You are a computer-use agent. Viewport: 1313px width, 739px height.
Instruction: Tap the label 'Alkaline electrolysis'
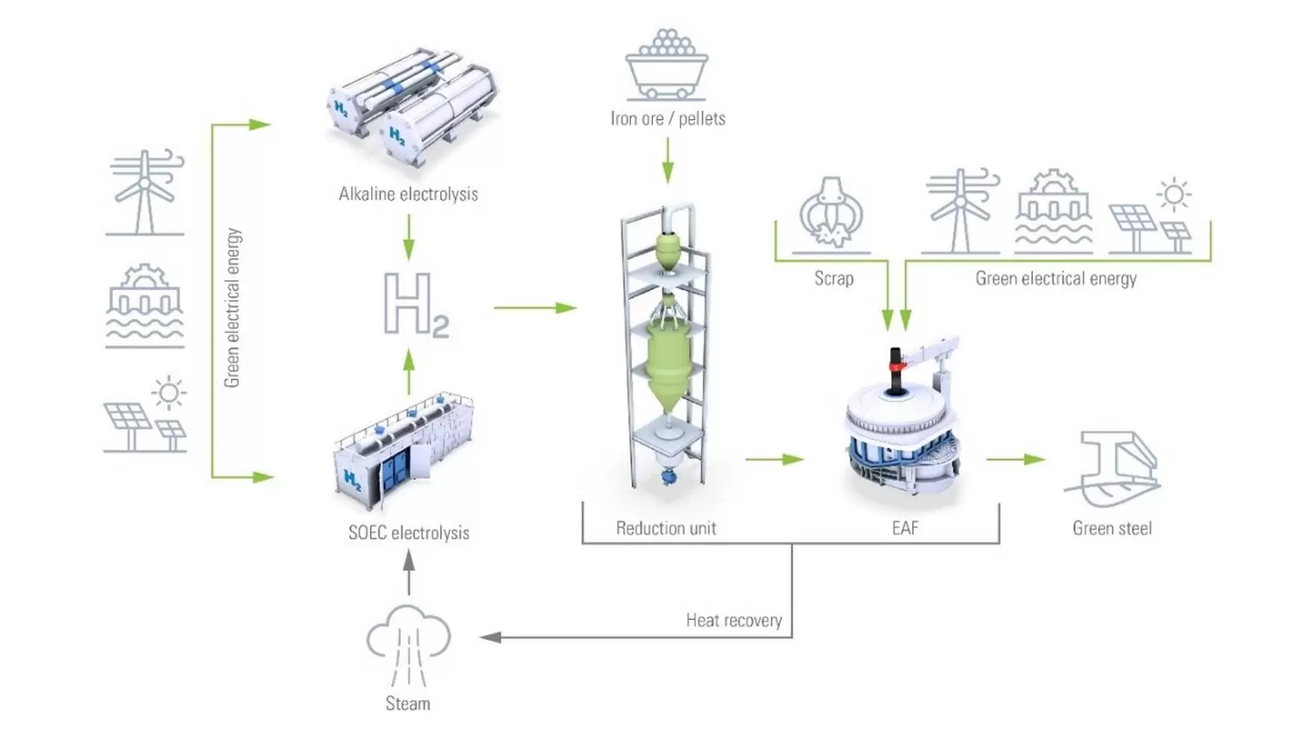(x=408, y=194)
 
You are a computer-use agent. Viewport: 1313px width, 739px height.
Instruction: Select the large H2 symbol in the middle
(x=415, y=305)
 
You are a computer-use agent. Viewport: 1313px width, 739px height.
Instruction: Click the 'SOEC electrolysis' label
(x=408, y=532)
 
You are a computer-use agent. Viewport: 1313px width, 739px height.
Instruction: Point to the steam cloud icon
(x=408, y=644)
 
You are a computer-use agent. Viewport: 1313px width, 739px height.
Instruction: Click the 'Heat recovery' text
(x=734, y=620)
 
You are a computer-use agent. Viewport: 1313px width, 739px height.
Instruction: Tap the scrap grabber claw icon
(x=831, y=214)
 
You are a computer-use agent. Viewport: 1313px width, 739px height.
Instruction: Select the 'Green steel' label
(x=1112, y=528)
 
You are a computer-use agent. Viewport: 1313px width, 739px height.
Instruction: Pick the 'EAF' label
(x=905, y=528)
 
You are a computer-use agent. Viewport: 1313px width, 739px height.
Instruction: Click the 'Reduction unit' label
(x=665, y=528)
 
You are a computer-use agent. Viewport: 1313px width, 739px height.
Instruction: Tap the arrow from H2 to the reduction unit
(x=534, y=307)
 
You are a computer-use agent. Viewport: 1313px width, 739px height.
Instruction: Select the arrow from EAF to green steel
(x=1015, y=459)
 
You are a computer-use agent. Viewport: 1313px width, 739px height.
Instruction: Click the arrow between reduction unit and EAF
(x=775, y=459)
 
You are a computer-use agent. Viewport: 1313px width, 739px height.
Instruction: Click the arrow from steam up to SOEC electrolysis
(x=408, y=573)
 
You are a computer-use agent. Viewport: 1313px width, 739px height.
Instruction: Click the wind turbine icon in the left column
(x=144, y=192)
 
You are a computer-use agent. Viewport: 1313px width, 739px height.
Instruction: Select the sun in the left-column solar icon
(x=168, y=392)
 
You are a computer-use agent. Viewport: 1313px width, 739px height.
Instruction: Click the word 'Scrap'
(x=833, y=278)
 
